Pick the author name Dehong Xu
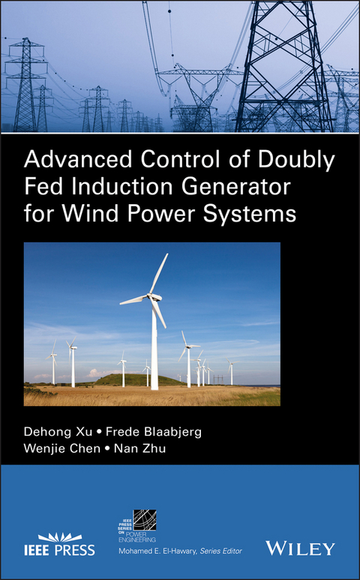pos(55,434)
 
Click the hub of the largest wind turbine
pos(152,296)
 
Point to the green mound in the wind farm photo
pos(139,380)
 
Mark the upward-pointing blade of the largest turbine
pos(159,273)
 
